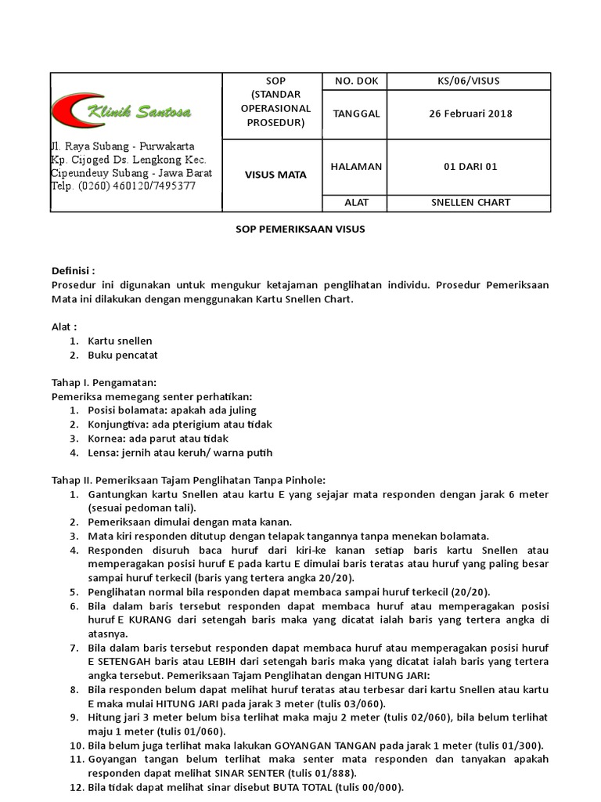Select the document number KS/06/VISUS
[x=470, y=81]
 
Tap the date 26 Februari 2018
[x=470, y=114]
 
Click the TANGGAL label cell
[x=356, y=114]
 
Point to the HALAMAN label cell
[x=356, y=166]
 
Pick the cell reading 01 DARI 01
[x=470, y=166]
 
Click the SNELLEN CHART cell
[x=470, y=202]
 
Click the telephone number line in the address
[x=123, y=186]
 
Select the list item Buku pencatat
[x=124, y=355]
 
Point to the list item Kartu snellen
[x=120, y=341]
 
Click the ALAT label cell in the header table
[x=356, y=202]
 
